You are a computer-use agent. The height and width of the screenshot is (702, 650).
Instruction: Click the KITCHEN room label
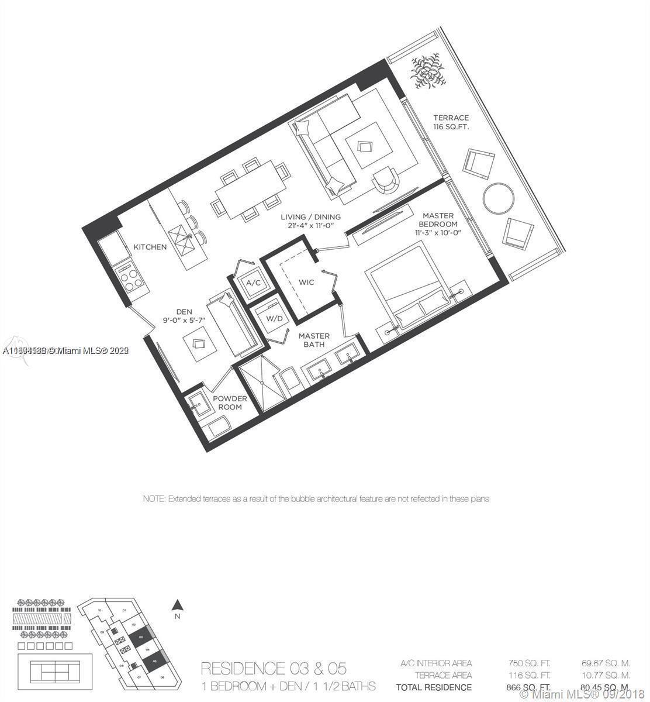pos(150,247)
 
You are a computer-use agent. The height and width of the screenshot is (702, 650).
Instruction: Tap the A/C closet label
pos(253,283)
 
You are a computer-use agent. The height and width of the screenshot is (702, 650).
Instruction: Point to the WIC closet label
pos(306,283)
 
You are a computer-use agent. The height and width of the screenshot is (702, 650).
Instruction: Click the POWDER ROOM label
pos(230,402)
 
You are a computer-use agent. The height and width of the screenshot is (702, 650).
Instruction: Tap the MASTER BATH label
pos(314,340)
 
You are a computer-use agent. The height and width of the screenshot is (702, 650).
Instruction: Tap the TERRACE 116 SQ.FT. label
pos(451,122)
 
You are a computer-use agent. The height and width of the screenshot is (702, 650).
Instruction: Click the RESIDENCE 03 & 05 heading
pos(274,668)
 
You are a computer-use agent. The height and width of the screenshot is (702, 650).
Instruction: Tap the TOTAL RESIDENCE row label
pos(434,687)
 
